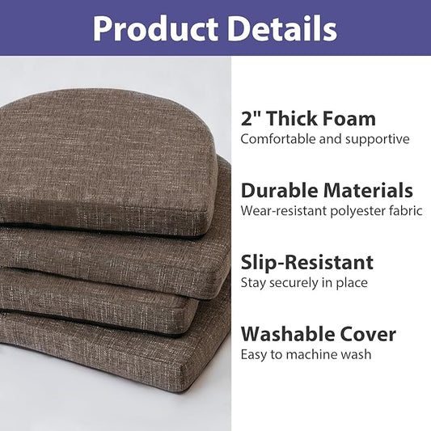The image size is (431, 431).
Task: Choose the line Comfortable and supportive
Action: pyautogui.click(x=324, y=139)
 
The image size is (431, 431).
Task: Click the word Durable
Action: pyautogui.click(x=279, y=191)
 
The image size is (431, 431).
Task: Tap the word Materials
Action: pyautogui.click(x=368, y=191)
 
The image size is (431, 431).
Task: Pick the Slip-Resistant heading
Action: pyautogui.click(x=307, y=262)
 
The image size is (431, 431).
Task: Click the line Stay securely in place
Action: pyautogui.click(x=304, y=283)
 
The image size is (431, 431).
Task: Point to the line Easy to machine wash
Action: pyautogui.click(x=306, y=354)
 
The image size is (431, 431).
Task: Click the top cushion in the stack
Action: pyautogui.click(x=105, y=154)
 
